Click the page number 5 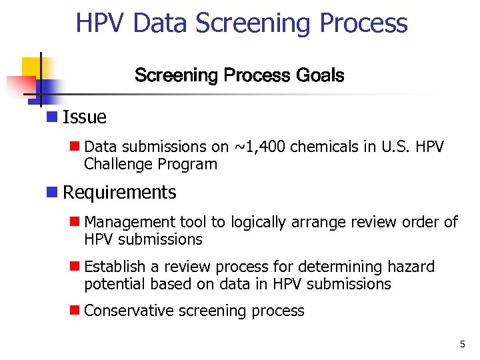[462, 344]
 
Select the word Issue [84, 117]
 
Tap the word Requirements [119, 193]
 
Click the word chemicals [327, 147]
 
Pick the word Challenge [117, 165]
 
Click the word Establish [115, 267]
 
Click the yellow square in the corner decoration [31, 67]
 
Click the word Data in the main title [161, 23]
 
